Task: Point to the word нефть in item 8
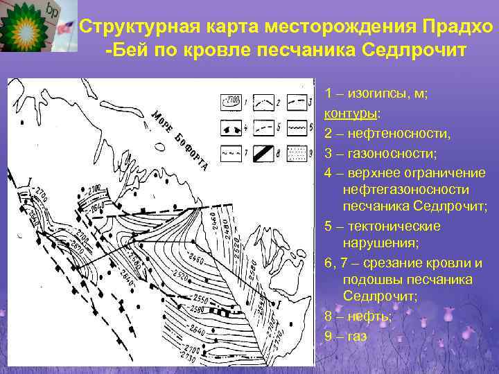click(x=367, y=316)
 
